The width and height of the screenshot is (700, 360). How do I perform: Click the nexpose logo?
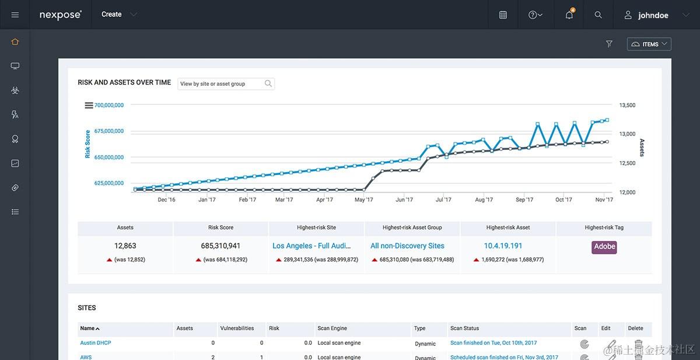point(60,15)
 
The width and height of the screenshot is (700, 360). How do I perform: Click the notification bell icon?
point(569,15)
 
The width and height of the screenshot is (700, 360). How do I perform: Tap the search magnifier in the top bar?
point(598,15)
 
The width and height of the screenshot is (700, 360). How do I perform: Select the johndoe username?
point(653,15)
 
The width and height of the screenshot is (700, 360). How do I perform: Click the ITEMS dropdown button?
point(649,44)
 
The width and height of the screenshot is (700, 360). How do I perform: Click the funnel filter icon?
point(609,44)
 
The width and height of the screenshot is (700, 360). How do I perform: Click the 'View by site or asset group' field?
point(222,84)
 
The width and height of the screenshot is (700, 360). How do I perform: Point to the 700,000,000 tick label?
point(109,105)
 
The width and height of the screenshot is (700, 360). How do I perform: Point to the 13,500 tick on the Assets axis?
point(627,105)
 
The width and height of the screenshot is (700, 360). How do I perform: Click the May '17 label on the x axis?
point(363,200)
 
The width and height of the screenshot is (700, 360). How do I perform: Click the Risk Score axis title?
point(87,144)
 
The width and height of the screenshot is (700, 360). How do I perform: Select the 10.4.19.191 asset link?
point(503,246)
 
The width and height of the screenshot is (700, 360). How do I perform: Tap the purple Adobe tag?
point(604,247)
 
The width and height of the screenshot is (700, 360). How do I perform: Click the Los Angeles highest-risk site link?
point(311,246)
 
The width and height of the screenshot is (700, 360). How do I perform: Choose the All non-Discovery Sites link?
point(407,246)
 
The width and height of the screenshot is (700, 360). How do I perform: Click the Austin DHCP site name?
point(96,343)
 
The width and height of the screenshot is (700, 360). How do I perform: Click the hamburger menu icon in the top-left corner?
point(15,15)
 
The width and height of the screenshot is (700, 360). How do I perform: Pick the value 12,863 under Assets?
point(125,246)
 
